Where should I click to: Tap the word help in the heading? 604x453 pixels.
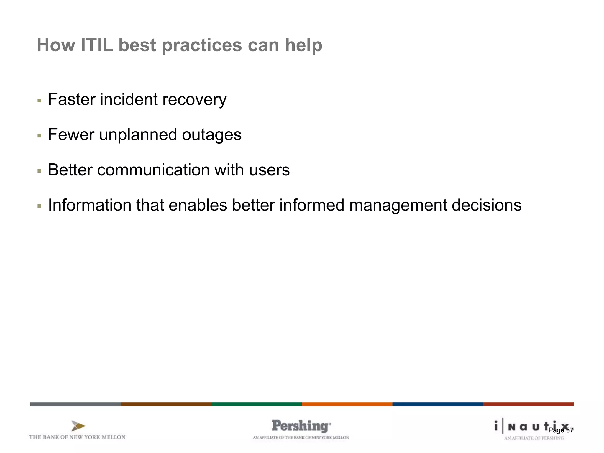click(x=303, y=46)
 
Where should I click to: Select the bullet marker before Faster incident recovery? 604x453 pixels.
click(x=40, y=101)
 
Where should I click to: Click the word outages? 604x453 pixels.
click(x=211, y=135)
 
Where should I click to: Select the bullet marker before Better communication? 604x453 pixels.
click(x=40, y=171)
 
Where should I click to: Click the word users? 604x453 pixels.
click(x=269, y=170)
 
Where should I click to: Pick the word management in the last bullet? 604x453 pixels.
click(x=398, y=205)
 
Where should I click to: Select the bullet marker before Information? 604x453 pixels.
click(x=40, y=206)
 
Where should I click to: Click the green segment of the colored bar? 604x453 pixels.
click(x=256, y=404)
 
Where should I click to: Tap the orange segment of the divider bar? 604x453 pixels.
click(x=347, y=404)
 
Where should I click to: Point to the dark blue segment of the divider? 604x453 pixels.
click(x=437, y=404)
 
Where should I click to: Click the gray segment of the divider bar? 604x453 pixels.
click(x=75, y=404)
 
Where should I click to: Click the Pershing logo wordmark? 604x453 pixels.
click(x=301, y=426)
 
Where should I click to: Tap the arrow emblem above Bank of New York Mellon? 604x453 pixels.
click(x=78, y=426)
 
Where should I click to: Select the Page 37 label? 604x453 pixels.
click(x=561, y=430)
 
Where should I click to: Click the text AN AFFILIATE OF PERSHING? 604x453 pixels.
click(x=534, y=438)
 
